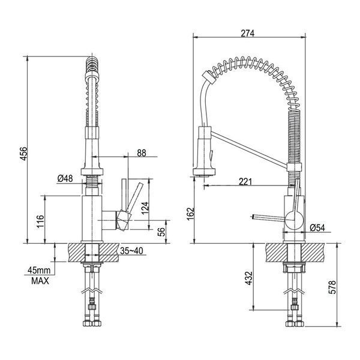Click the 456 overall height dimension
(24, 154)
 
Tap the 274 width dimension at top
(248, 34)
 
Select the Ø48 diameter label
(65, 178)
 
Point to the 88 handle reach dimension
(142, 153)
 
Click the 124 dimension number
(145, 208)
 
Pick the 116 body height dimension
(40, 221)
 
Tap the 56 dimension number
(162, 232)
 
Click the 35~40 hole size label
(131, 251)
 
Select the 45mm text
(39, 270)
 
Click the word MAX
(40, 281)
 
